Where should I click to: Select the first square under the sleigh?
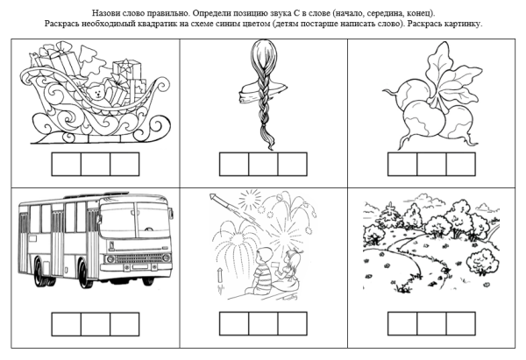click(x=67, y=164)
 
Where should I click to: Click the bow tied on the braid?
click(x=259, y=91)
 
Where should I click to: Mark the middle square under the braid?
click(x=263, y=164)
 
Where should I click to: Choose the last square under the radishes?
click(x=460, y=164)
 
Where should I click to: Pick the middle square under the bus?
click(x=96, y=323)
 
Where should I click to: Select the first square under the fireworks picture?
click(x=234, y=323)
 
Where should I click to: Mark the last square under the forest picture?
click(x=460, y=323)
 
